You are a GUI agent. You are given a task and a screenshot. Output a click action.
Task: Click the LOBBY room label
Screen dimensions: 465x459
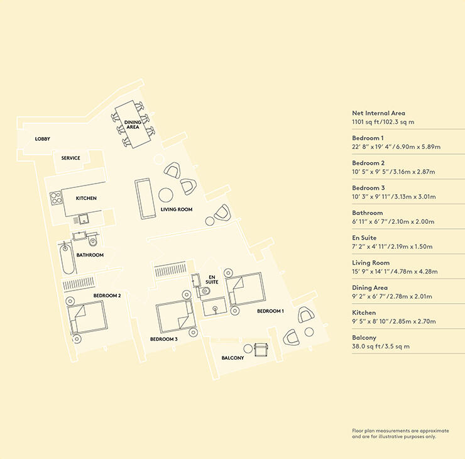[42, 139]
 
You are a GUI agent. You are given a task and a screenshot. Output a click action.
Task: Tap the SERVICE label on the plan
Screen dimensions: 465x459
[70, 158]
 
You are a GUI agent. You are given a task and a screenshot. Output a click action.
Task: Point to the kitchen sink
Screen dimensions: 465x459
[83, 219]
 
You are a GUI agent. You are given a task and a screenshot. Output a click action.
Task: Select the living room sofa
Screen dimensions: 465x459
[144, 199]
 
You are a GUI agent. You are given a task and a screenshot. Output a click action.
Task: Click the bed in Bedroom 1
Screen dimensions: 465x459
[244, 290]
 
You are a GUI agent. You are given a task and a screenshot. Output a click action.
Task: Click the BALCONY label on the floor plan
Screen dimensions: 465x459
[233, 358]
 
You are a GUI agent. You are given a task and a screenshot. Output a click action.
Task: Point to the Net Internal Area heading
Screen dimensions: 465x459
[378, 113]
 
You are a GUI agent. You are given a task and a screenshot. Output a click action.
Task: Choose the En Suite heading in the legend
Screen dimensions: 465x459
[364, 238]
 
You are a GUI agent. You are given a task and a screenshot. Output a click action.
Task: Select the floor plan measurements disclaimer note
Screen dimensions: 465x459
[400, 433]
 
